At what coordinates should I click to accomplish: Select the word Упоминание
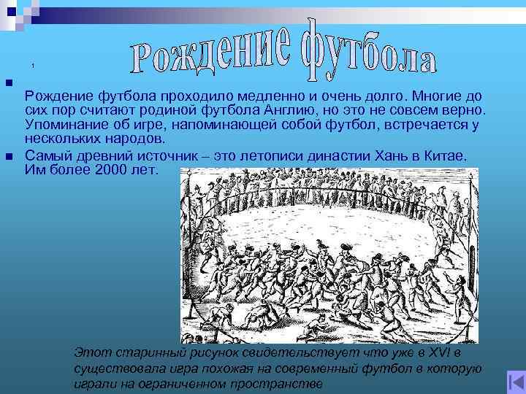[x=63, y=124]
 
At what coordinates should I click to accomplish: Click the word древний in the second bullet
[x=94, y=156]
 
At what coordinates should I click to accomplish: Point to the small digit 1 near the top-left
[x=33, y=66]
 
